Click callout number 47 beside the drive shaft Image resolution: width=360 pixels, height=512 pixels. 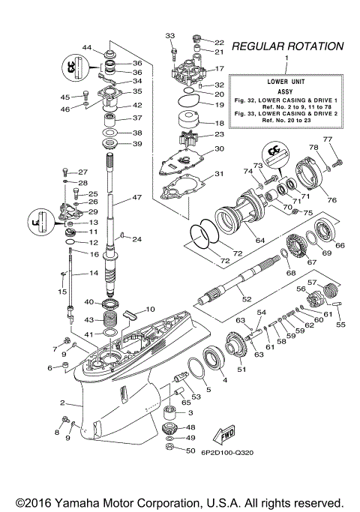tap(136, 198)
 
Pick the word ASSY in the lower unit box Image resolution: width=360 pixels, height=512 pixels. tap(283, 85)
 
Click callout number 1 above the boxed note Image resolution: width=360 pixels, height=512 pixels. tap(283, 58)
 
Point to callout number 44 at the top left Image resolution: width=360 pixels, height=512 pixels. tap(87, 48)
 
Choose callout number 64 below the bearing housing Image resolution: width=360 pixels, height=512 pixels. tap(260, 241)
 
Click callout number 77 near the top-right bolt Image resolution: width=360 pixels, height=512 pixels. tap(326, 140)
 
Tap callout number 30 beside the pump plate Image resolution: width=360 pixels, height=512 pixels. tap(219, 148)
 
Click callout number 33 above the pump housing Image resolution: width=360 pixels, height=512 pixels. tap(169, 36)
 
